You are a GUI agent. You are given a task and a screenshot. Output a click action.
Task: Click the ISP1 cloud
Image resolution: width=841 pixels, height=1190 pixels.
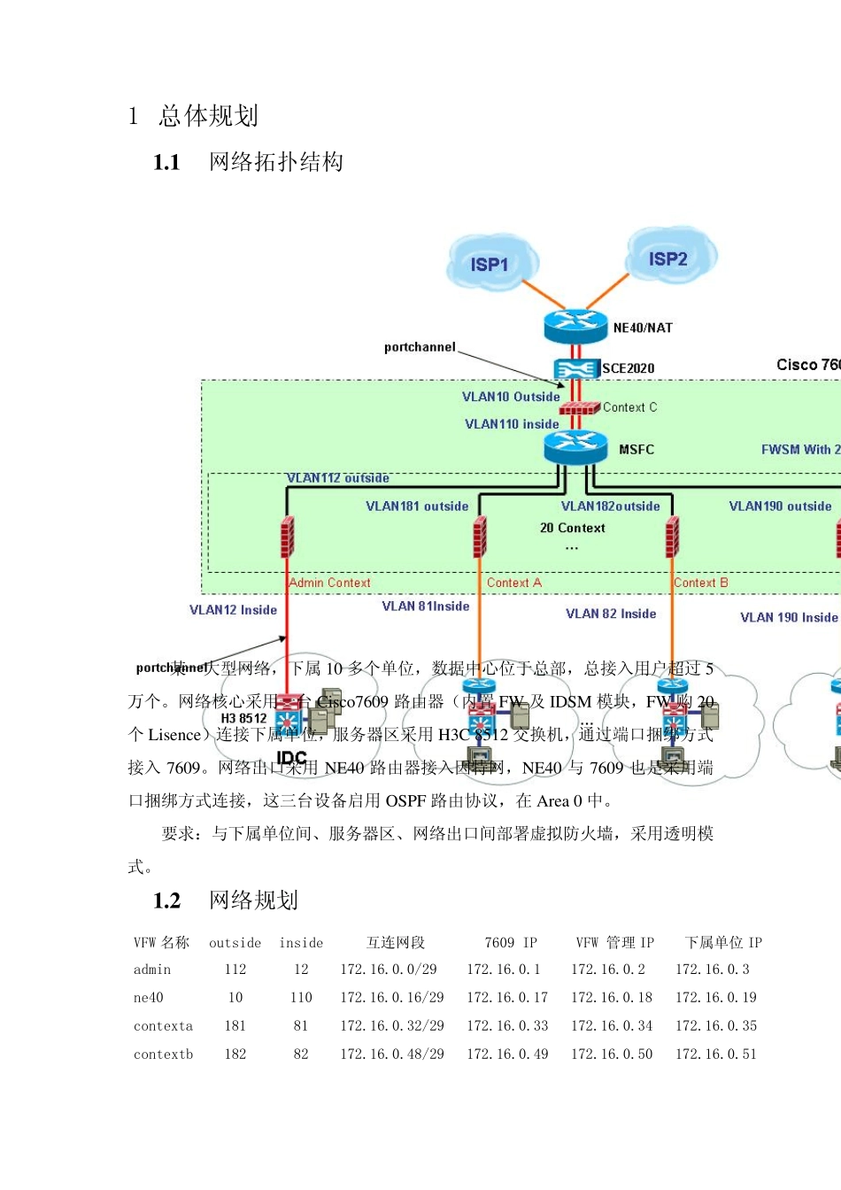[489, 262]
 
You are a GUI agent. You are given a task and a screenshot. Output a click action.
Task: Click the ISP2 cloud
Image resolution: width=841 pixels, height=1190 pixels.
[670, 257]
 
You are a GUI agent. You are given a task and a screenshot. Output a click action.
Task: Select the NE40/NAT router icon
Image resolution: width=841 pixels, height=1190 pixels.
[575, 326]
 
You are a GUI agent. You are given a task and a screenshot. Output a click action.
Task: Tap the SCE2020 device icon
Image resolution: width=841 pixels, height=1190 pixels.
[576, 368]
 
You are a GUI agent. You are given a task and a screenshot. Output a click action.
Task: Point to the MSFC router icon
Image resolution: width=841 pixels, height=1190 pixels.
[575, 447]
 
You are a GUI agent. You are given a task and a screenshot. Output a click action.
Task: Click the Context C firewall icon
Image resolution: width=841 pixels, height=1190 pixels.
[580, 408]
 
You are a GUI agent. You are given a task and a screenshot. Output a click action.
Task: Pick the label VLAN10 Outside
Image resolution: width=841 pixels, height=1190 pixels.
[511, 397]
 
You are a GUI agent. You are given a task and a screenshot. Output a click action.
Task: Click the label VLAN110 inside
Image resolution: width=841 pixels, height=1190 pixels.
[512, 424]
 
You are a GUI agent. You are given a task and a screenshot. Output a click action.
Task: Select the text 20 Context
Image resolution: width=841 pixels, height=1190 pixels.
[573, 528]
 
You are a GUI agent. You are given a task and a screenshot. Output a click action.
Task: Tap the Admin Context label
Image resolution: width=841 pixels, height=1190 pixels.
[329, 583]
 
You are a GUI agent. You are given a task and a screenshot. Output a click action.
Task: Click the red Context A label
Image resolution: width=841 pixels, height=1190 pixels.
[513, 583]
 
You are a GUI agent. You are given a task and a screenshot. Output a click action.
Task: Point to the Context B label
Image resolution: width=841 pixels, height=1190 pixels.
[700, 583]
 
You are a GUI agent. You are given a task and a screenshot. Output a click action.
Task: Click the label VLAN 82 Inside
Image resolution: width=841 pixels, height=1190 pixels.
[611, 614]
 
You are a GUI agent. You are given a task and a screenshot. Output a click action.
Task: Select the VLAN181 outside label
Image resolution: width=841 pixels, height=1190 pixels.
[417, 506]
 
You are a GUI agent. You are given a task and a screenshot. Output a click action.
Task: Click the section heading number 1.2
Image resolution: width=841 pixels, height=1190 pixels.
[166, 901]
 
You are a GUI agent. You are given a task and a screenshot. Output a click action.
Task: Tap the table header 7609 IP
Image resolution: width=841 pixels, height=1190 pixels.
[511, 943]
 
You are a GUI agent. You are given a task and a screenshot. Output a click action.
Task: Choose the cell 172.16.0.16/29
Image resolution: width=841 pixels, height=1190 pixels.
[392, 998]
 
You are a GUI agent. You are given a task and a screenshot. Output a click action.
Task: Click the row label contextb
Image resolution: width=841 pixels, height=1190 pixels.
[163, 1055]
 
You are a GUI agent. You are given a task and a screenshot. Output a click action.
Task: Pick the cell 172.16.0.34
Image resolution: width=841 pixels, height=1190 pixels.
[612, 1026]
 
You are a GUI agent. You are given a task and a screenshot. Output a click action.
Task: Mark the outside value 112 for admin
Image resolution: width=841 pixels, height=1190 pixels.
[235, 970]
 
